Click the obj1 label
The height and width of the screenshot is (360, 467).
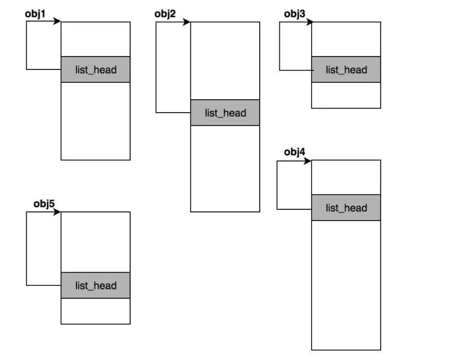coord(35,14)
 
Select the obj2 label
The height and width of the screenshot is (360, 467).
coord(165,14)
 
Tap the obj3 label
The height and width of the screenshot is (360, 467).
coord(295,14)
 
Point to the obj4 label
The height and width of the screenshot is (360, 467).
coord(295,152)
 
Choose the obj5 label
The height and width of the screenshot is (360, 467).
coord(44,204)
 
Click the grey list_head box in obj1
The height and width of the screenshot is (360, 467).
coord(96,69)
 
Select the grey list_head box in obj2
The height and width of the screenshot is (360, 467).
coord(225,113)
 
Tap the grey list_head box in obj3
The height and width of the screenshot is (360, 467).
coord(346,69)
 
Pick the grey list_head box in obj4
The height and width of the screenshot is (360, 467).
coord(346,208)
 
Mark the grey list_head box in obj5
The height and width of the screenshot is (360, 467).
coord(96,285)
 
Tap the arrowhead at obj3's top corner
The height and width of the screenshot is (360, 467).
coord(310,22)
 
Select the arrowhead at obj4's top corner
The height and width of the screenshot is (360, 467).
coord(308,161)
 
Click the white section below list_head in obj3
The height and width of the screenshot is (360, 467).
coord(346,95)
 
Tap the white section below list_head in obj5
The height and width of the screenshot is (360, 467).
coord(96,311)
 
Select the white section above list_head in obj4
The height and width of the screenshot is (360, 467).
coord(346,177)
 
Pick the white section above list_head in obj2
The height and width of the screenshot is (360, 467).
coord(225,61)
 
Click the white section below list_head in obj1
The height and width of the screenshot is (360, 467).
coord(96,121)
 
